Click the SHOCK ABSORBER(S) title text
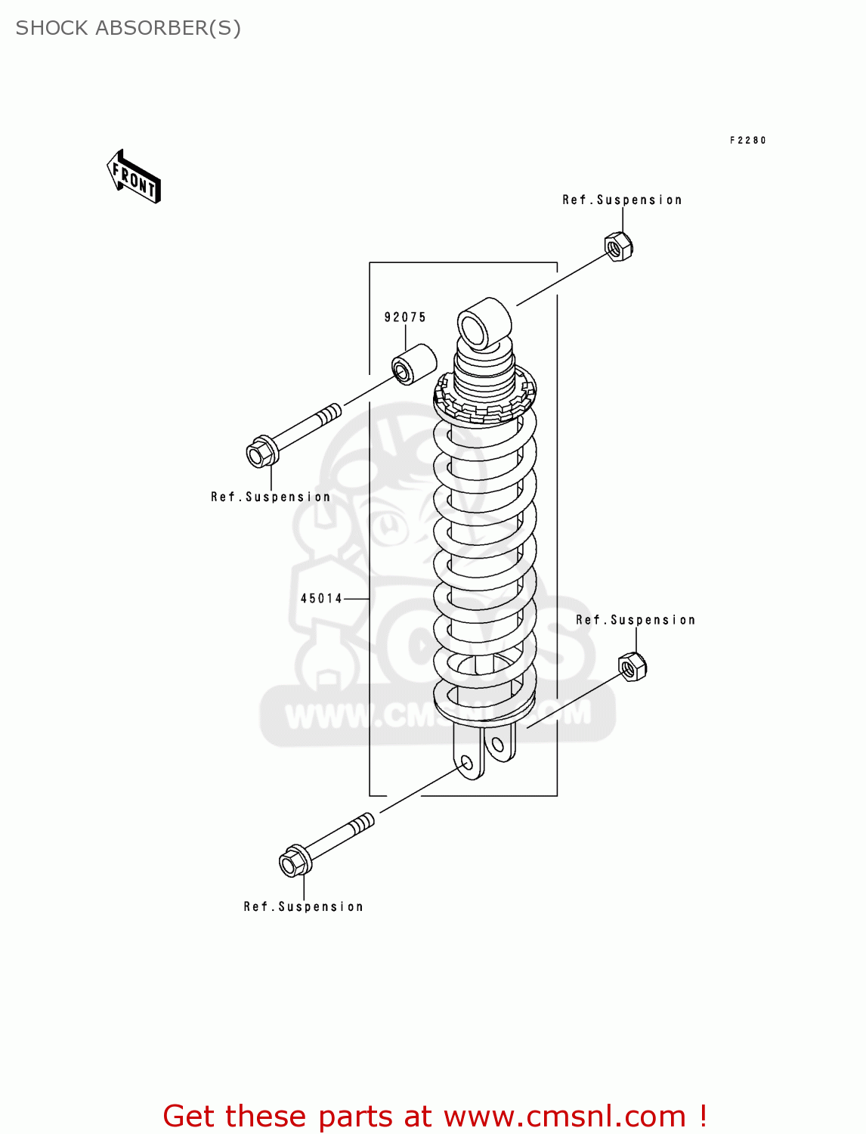pos(128,28)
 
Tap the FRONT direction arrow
pos(135,178)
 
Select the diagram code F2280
pos(747,141)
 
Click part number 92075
pos(405,318)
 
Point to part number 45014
pos(322,599)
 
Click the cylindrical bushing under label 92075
pos(414,364)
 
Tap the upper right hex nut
pos(618,246)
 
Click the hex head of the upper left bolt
pos(259,454)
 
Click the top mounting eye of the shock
pos(484,324)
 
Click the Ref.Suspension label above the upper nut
pos(622,200)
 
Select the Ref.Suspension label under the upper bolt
pos(271,497)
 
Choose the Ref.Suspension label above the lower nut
pos(635,621)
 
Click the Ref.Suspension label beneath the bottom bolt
pos(303,907)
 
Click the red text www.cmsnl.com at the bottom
pos(564,1117)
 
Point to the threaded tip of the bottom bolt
pos(363,823)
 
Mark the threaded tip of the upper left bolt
pos(329,414)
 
